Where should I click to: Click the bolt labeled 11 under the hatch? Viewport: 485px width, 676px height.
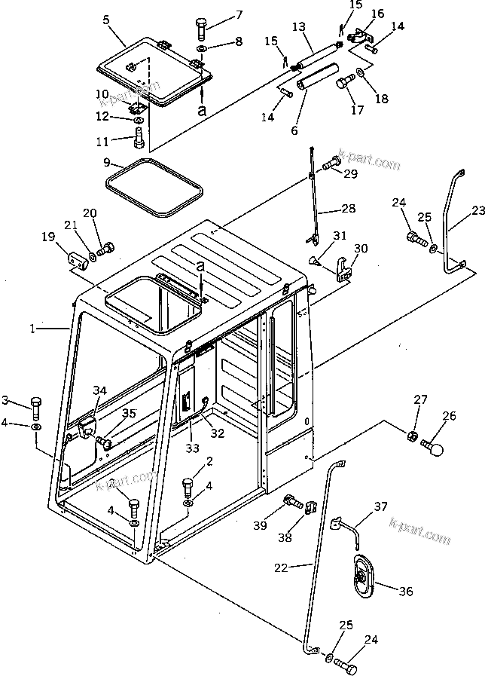click(138, 139)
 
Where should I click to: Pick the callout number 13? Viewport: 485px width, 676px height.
click(298, 27)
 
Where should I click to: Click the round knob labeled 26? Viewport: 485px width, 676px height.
click(434, 448)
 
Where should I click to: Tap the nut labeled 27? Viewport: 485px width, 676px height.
click(413, 434)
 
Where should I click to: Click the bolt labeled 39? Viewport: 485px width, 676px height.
click(289, 500)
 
